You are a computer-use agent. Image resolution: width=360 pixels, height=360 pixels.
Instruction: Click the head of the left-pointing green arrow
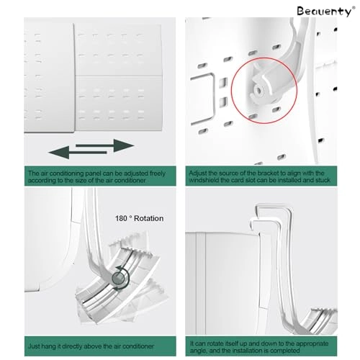coord(55,153)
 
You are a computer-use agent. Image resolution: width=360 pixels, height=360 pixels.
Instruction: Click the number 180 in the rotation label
coord(121,218)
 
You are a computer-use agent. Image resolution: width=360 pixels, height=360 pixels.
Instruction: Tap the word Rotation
coord(148,218)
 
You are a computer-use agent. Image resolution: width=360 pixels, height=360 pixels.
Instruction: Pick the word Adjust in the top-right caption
coord(199,174)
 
